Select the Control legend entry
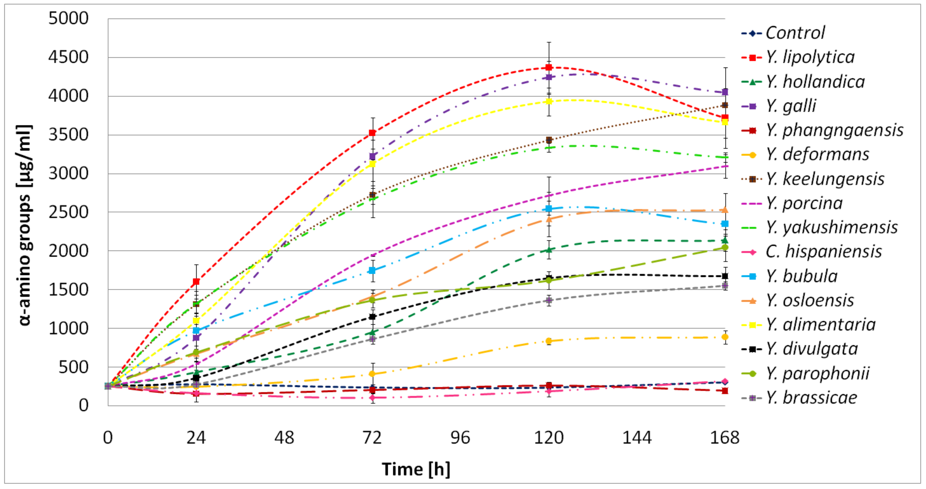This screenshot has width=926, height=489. [x=795, y=33]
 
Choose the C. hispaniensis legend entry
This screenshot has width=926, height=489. [x=823, y=252]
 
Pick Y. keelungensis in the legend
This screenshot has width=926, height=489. [x=825, y=179]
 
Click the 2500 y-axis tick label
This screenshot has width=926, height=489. [x=68, y=212]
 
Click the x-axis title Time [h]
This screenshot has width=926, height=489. [x=416, y=469]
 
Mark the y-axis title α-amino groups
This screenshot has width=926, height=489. [x=25, y=225]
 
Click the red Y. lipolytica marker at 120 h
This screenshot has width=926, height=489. [x=549, y=67]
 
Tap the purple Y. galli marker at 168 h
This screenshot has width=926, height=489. [x=725, y=92]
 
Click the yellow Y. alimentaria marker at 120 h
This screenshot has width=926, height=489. [x=549, y=101]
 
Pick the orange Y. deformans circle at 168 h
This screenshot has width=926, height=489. [x=725, y=337]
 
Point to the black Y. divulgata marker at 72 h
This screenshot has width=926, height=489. [x=372, y=316]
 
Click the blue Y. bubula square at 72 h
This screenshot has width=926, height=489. [x=372, y=271]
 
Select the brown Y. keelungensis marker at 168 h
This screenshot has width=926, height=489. [x=725, y=105]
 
